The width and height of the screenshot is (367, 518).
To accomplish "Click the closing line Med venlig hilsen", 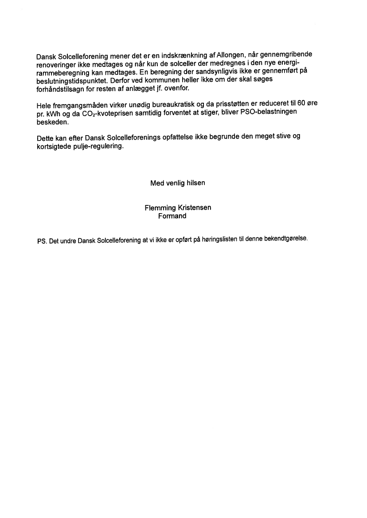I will click(x=178, y=183).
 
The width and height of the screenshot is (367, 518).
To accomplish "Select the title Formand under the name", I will click(x=172, y=216).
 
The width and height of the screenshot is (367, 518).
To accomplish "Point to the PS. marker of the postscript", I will click(x=42, y=242).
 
